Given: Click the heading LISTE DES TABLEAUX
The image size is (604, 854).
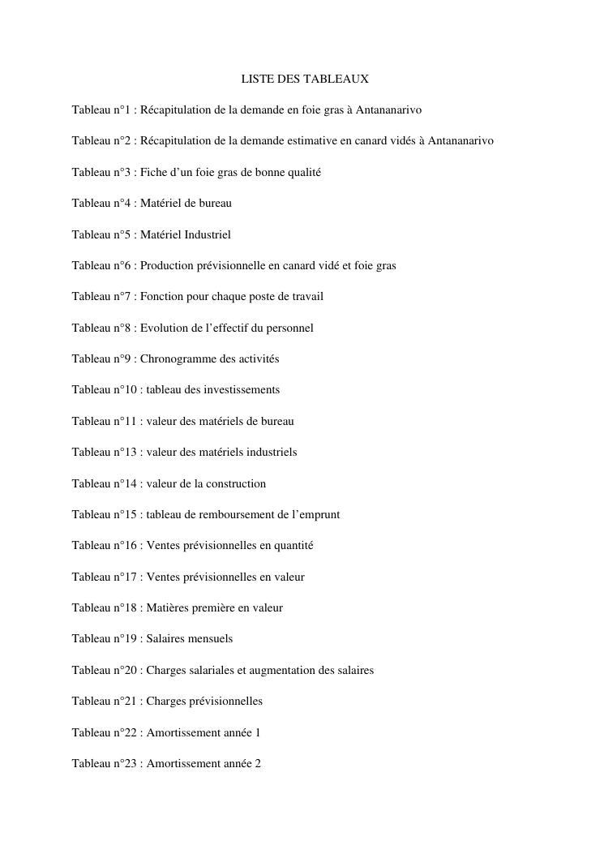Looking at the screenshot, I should (x=305, y=79).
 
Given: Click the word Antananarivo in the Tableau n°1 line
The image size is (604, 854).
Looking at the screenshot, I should (x=389, y=109).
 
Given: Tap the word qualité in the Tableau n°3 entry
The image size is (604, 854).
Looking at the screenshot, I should (x=302, y=172).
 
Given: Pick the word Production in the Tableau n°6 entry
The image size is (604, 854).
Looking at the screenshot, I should (x=166, y=265).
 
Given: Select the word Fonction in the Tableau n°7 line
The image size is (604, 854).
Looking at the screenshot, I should (x=162, y=296).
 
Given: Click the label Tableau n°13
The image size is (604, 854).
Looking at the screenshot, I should (x=104, y=452).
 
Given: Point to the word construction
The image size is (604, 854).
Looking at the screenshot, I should (x=236, y=483).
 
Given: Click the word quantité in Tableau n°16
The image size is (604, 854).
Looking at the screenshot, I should (x=293, y=545).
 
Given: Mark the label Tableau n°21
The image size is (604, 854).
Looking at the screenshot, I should (x=104, y=701).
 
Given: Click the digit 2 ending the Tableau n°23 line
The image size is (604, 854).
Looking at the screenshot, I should (x=258, y=763).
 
